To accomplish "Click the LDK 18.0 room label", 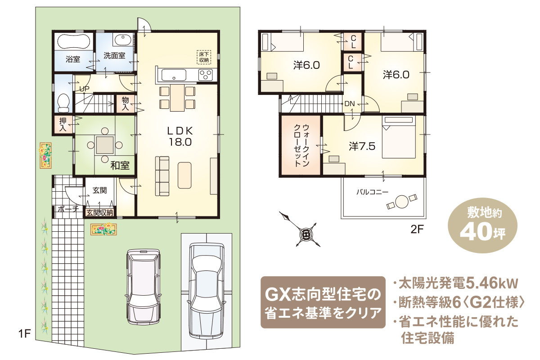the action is [180, 137].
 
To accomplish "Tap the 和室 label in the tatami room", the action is [120, 166].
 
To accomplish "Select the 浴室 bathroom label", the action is [73, 59].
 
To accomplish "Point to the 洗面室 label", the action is [114, 56].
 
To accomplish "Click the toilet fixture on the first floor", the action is [63, 103].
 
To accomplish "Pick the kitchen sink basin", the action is [174, 75].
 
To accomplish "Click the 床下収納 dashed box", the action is [204, 57].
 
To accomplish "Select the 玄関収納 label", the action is [100, 213].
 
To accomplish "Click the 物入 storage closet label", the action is [125, 104].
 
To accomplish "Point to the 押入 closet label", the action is [63, 124].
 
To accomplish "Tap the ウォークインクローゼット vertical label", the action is [301, 145].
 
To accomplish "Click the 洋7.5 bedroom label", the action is [362, 146].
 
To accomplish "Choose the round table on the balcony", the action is [402, 201].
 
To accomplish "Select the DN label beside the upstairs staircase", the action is [350, 103].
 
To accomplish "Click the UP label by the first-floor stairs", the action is [85, 89].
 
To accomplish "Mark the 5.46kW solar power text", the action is [492, 283].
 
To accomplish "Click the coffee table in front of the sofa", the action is [184, 175].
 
